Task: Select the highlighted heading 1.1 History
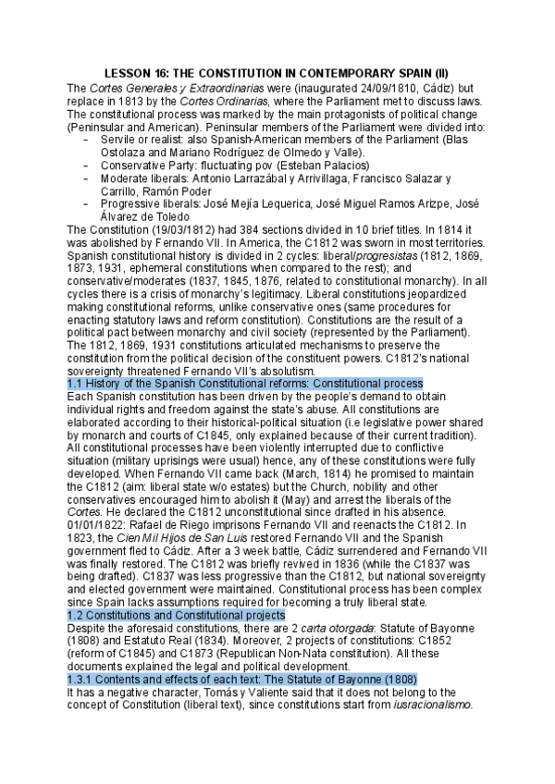[245, 383]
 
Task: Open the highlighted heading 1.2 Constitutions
[177, 614]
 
